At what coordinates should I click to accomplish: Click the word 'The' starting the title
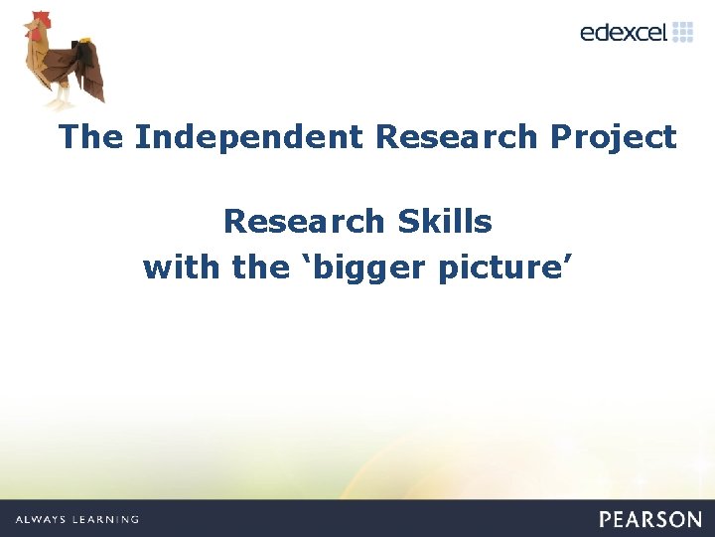coord(91,137)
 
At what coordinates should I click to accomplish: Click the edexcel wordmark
coord(624,33)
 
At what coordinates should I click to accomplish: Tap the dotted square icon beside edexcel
coord(682,32)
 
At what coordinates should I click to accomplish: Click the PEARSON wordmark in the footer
coord(649,519)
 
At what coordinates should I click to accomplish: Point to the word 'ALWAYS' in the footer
coord(42,519)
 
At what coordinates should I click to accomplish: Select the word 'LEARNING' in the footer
coord(107,519)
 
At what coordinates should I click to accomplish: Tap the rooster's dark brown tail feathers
coord(89,65)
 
